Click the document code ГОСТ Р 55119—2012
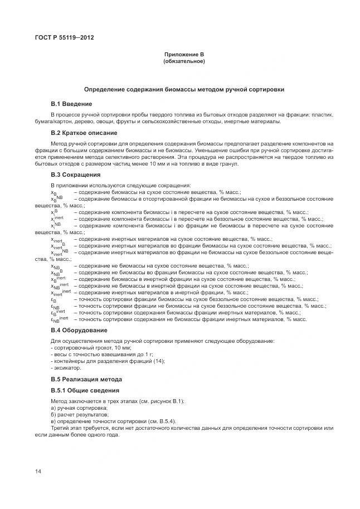(x=65, y=37)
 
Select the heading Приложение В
(x=184, y=55)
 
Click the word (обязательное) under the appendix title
(x=184, y=61)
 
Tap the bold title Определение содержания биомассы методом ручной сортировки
(x=184, y=89)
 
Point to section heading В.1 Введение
(x=71, y=104)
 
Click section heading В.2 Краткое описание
(x=84, y=133)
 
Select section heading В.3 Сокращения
(x=76, y=174)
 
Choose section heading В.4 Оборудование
(x=80, y=330)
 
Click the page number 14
(x=38, y=472)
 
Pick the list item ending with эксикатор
(x=66, y=368)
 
